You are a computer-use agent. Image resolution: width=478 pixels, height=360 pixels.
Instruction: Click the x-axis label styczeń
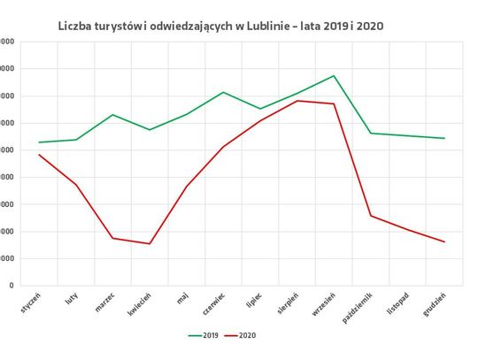31,301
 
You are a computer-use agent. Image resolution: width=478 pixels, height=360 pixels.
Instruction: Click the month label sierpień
287,302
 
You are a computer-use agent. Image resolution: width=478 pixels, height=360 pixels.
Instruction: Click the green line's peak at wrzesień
334,76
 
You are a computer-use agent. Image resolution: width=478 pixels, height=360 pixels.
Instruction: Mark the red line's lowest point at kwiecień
150,243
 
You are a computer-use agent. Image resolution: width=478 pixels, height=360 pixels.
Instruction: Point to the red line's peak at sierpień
297,100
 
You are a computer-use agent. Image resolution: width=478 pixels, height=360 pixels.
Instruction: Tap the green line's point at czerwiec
223,92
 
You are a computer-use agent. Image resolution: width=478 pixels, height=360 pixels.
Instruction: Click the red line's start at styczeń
39,155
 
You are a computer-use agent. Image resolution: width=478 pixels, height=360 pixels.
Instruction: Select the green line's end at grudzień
444,138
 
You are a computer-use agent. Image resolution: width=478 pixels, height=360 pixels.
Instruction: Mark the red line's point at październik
371,215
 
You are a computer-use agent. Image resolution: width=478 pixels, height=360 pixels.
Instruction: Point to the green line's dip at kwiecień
150,130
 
